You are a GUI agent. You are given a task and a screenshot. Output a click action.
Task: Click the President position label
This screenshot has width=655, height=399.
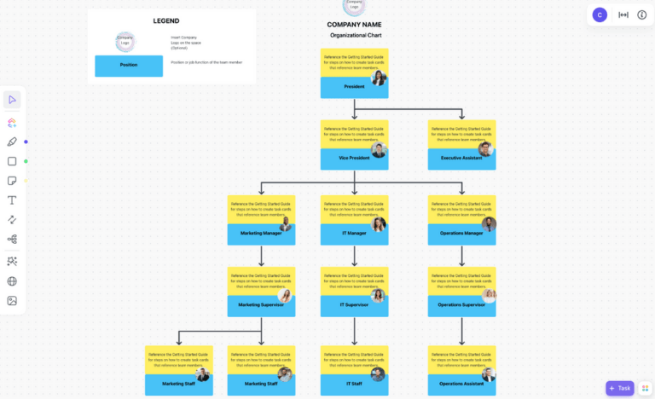[x=354, y=87]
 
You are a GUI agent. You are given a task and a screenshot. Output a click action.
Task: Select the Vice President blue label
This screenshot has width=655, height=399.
[x=354, y=159]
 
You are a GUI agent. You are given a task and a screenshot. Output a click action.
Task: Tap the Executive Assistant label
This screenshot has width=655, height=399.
[x=461, y=159]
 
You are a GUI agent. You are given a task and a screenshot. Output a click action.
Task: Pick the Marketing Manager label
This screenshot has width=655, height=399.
[x=260, y=234]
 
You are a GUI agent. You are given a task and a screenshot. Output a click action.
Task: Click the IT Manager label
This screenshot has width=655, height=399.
[x=354, y=234]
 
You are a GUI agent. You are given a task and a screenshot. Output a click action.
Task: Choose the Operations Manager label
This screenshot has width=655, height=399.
[x=461, y=234]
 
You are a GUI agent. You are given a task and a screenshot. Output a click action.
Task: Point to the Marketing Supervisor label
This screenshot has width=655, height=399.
[x=260, y=305]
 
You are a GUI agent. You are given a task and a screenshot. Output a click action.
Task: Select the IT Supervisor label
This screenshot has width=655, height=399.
[x=354, y=305]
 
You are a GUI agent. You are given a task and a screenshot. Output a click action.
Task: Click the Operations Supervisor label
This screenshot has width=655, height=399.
[x=461, y=305]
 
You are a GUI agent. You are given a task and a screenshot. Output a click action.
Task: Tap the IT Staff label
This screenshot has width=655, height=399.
[x=354, y=385]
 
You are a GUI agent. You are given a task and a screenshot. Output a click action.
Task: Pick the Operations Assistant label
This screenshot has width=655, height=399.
[x=461, y=385]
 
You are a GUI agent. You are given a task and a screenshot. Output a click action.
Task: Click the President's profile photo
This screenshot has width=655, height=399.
[x=379, y=78]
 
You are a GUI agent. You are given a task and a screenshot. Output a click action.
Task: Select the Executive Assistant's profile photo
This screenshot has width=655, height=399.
[x=486, y=149]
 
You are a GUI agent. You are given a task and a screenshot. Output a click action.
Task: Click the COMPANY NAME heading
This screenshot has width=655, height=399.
[x=354, y=25]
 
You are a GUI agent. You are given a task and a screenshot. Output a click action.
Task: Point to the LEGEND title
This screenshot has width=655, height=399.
[x=166, y=20]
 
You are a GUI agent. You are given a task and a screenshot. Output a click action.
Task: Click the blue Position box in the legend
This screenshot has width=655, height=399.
[x=129, y=66]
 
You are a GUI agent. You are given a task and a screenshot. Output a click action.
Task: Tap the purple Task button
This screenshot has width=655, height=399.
[x=620, y=388]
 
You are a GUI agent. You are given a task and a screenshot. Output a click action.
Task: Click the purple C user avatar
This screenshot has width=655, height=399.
[x=600, y=14]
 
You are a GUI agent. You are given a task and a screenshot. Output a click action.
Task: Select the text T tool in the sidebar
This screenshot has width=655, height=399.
[x=12, y=200]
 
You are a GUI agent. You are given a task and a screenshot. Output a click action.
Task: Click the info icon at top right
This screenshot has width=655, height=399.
[x=642, y=14]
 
